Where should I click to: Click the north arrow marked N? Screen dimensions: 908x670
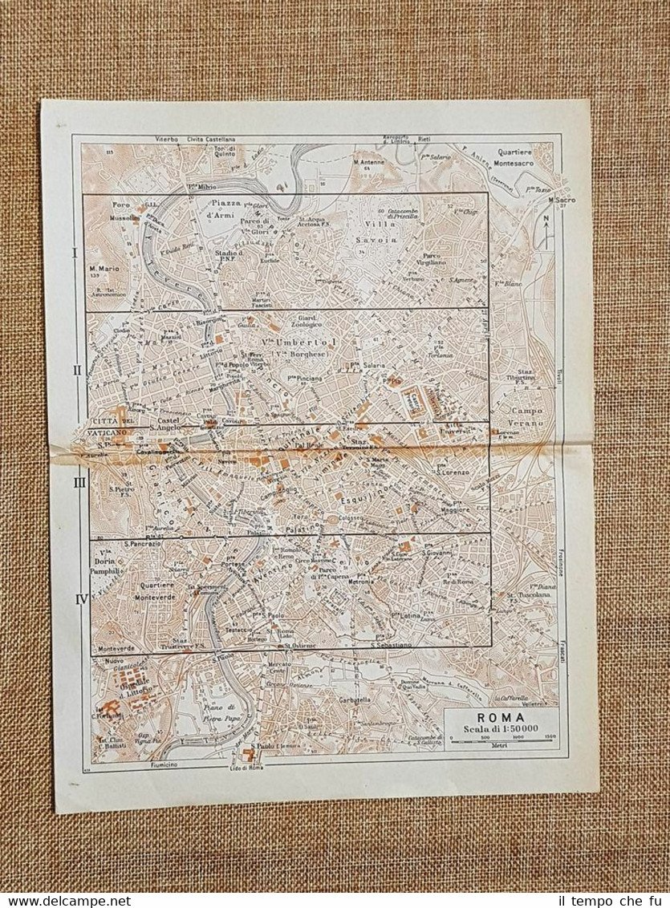[546, 230]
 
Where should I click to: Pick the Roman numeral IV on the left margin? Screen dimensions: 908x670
[79, 598]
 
